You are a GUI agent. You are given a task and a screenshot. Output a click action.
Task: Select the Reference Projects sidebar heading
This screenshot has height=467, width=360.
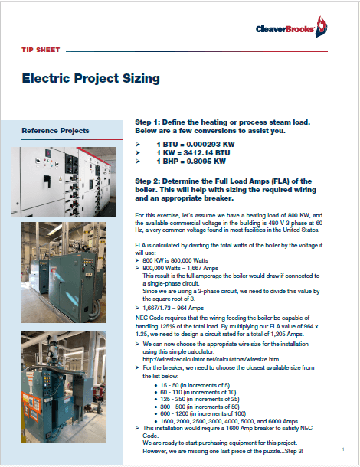56,131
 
